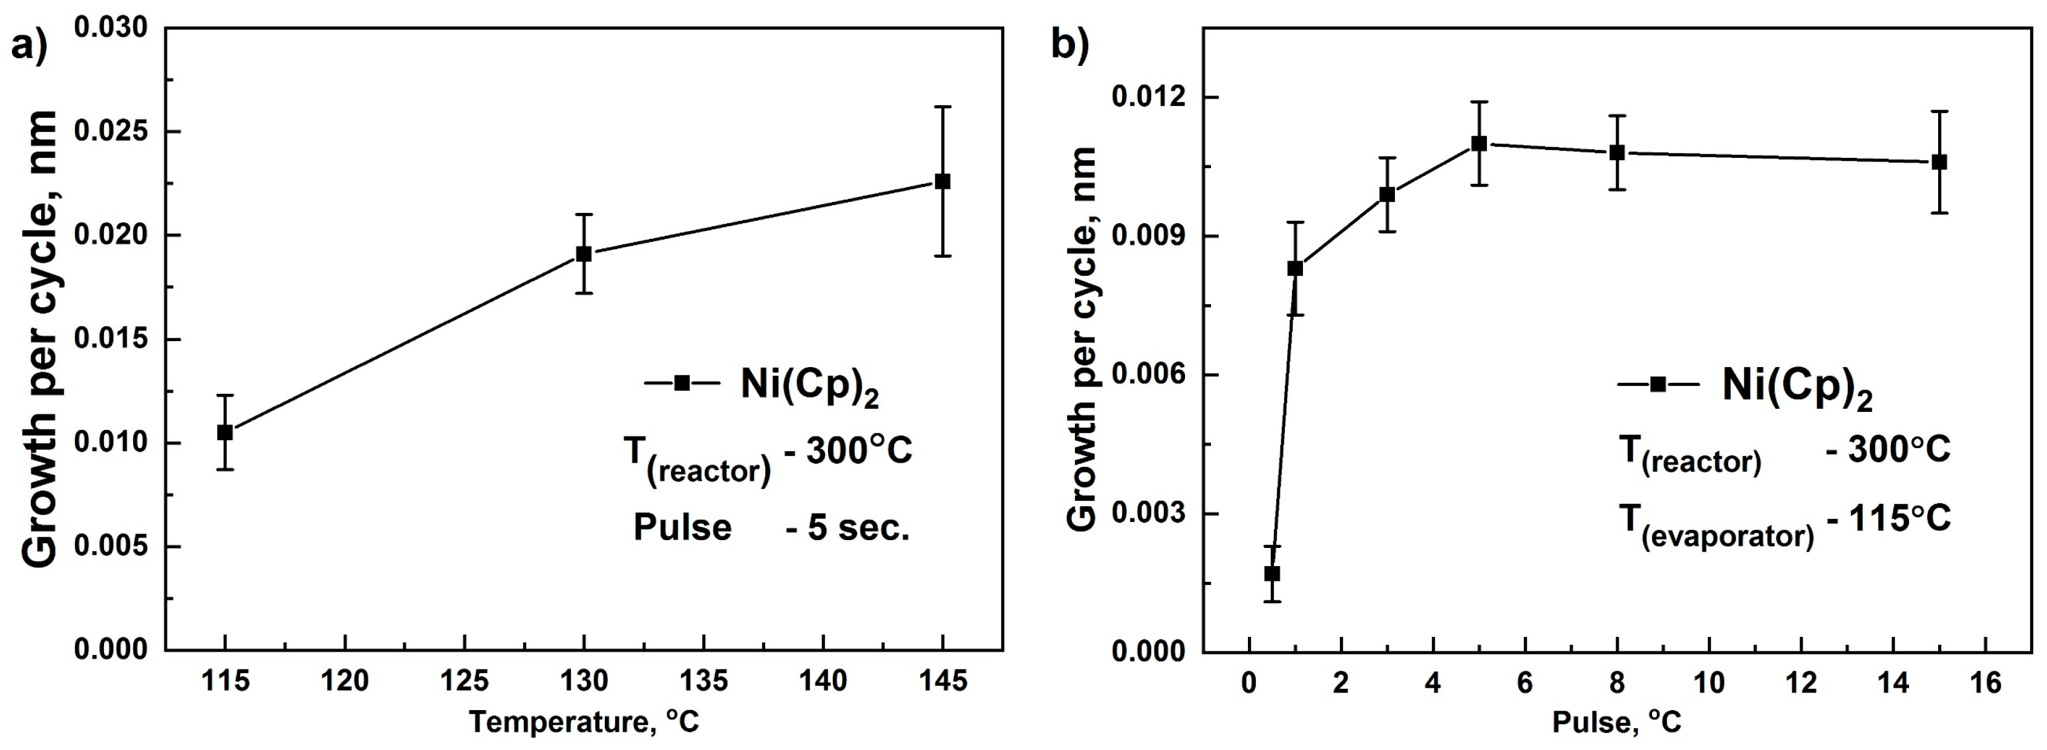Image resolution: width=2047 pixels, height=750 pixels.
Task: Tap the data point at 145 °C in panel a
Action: (942, 181)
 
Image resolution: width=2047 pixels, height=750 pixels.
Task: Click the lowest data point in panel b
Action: (1272, 573)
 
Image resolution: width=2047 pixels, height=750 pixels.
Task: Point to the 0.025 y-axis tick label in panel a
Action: (111, 131)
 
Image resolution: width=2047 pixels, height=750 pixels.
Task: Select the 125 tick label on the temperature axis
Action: (464, 682)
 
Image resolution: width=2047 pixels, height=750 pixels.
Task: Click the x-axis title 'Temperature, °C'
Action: (584, 722)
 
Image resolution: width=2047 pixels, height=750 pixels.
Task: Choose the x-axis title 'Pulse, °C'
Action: (1616, 722)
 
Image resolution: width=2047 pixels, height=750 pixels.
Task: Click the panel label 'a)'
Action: (30, 46)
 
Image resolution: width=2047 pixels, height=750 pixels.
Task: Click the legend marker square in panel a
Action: (682, 383)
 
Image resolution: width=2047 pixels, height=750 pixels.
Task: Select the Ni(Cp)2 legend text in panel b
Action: (1797, 388)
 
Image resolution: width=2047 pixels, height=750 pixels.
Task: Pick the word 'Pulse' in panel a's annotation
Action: (682, 527)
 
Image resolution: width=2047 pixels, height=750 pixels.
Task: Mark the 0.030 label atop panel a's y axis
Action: (111, 28)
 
